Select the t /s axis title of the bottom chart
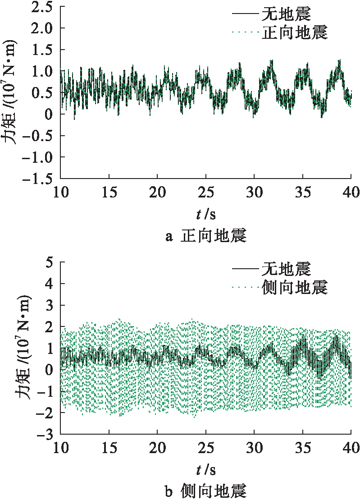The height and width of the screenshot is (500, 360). [206, 470]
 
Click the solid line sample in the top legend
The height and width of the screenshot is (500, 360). [246, 15]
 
